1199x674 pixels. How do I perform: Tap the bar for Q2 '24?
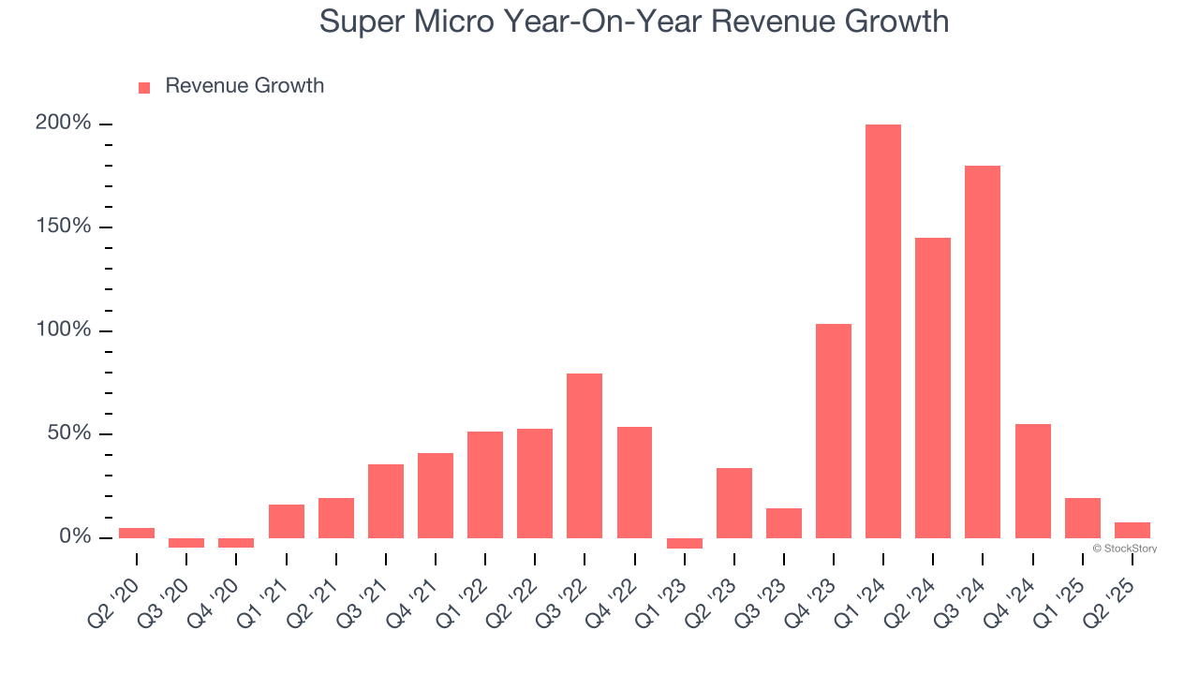coord(932,388)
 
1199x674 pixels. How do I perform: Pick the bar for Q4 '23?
coord(833,431)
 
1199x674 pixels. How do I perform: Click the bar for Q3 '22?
coord(585,455)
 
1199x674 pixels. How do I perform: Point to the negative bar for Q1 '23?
coord(684,543)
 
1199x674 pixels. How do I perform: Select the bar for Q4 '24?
coord(1032,481)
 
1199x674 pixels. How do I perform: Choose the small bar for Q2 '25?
coord(1132,530)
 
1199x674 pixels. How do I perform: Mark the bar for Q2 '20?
coord(137,533)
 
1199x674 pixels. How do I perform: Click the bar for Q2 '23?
coord(733,503)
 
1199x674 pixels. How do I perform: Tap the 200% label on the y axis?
coord(63,124)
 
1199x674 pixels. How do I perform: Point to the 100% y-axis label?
coord(63,330)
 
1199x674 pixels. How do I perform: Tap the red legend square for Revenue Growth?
coord(144,87)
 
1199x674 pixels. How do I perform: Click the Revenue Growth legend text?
coord(244,86)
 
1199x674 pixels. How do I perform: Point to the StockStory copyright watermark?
coord(1124,549)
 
